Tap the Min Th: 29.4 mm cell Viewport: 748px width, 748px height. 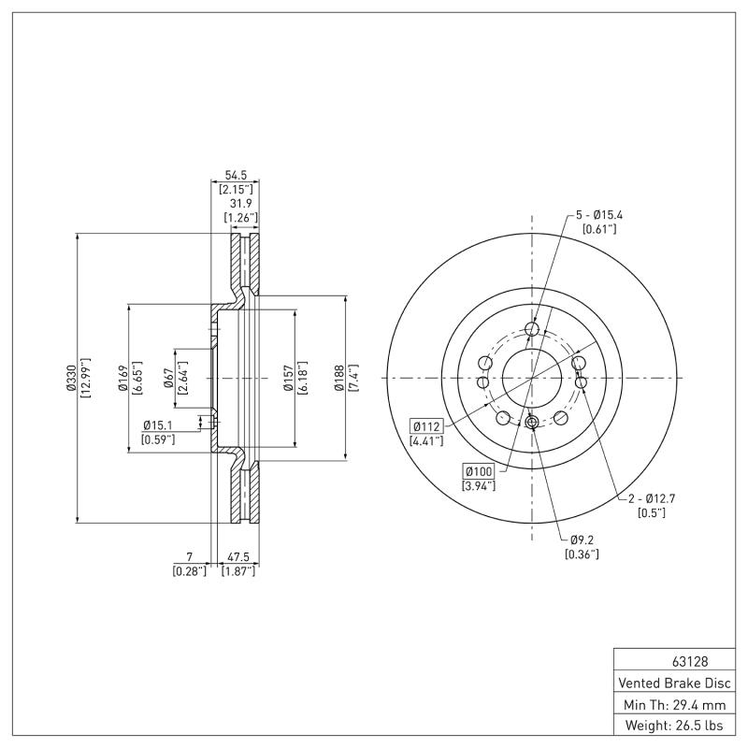(x=673, y=703)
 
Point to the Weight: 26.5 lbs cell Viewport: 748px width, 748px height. (x=673, y=726)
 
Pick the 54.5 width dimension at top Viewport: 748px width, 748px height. (x=236, y=175)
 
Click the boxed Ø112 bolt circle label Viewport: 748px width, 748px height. (x=427, y=426)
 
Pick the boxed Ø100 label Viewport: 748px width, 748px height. (x=478, y=470)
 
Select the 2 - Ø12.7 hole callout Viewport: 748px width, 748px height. (x=651, y=498)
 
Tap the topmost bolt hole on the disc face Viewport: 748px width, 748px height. (x=532, y=329)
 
